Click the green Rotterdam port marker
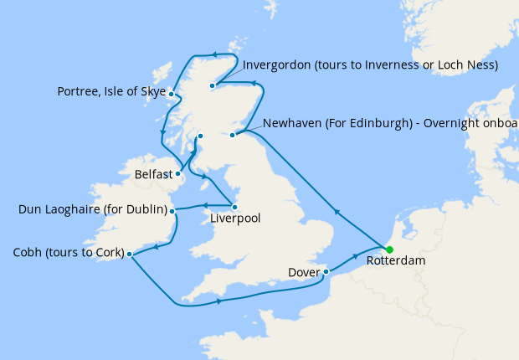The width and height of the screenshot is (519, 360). pos(389,249)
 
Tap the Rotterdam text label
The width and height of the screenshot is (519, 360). pos(396,262)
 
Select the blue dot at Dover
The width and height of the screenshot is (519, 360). pos(326,271)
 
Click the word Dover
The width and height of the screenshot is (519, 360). pos(303,272)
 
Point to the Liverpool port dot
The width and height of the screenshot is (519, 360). pos(234,206)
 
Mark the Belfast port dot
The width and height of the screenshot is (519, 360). pos(178,174)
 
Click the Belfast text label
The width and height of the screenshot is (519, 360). pos(153,175)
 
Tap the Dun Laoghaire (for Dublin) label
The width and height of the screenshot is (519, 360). pos(93,209)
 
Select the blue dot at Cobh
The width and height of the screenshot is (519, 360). pos(129,253)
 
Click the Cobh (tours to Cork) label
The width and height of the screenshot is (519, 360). pos(69,253)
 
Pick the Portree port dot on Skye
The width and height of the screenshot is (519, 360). pos(171,94)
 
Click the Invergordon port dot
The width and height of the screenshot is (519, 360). pos(213,85)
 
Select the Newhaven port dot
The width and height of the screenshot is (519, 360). pos(234,132)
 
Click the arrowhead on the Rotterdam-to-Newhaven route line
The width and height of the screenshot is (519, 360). pos(337,213)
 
